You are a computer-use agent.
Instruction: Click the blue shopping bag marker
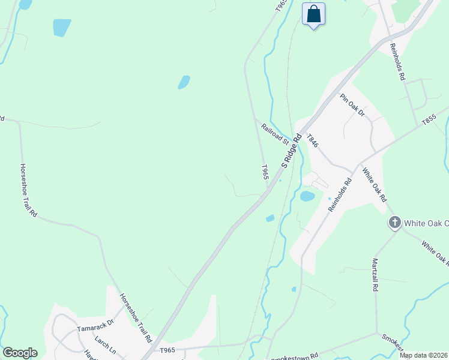tap(313, 14)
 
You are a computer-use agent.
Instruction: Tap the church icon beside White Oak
tap(395, 223)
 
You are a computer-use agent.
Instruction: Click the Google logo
tap(20, 353)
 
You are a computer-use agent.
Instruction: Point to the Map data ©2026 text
tap(424, 355)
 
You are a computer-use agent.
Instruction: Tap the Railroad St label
tap(276, 133)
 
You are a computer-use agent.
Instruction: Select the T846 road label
tap(312, 141)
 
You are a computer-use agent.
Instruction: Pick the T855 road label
tap(429, 120)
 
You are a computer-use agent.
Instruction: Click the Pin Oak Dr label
tap(352, 105)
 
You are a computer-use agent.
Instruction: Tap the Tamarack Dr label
tap(95, 329)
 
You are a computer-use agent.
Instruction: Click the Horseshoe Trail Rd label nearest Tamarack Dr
tap(135, 317)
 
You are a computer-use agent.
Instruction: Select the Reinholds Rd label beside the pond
tap(339, 195)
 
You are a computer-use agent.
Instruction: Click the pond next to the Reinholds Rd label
tap(307, 196)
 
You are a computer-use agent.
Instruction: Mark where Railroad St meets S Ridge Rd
tap(295, 136)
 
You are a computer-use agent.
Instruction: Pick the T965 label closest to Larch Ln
tap(167, 349)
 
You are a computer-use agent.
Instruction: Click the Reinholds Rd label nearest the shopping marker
tap(397, 62)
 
